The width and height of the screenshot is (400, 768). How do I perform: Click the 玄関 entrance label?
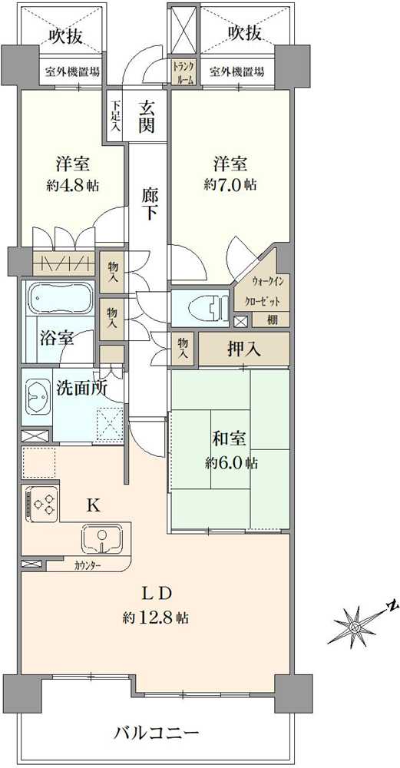pyautogui.click(x=147, y=117)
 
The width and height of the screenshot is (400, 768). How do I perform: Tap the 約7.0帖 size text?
pyautogui.click(x=230, y=184)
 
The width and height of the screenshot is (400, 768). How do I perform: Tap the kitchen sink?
pyautogui.click(x=102, y=539)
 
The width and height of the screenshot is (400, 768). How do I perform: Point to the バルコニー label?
pyautogui.click(x=157, y=733)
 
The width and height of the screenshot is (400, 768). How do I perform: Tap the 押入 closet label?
pyautogui.click(x=243, y=349)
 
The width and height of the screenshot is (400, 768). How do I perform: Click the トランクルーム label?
pyautogui.click(x=183, y=71)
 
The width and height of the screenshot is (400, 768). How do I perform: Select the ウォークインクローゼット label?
pyautogui.click(x=263, y=290)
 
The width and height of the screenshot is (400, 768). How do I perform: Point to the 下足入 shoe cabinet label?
pyautogui.click(x=115, y=117)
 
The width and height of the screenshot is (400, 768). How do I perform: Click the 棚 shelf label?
pyautogui.click(x=272, y=321)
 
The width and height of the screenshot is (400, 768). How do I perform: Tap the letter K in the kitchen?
pyautogui.click(x=94, y=506)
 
